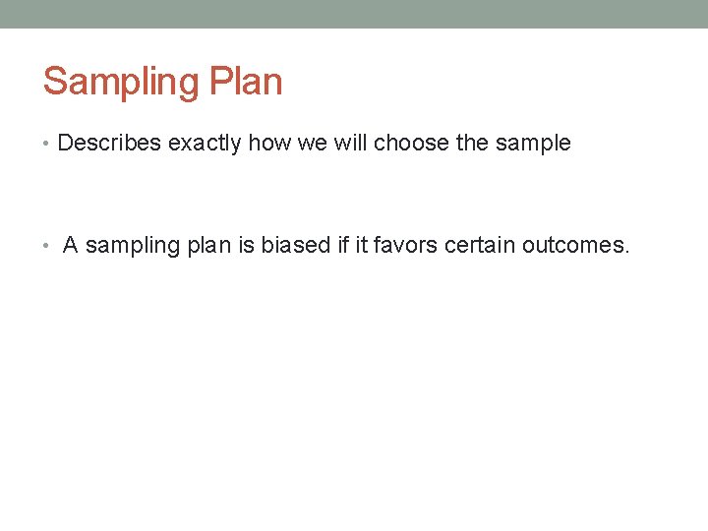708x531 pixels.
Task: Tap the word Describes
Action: tap(109, 144)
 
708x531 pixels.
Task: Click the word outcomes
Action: tap(575, 246)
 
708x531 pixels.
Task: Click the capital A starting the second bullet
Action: tap(70, 246)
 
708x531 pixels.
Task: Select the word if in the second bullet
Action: tap(343, 246)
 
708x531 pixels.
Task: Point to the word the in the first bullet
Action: tap(472, 144)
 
